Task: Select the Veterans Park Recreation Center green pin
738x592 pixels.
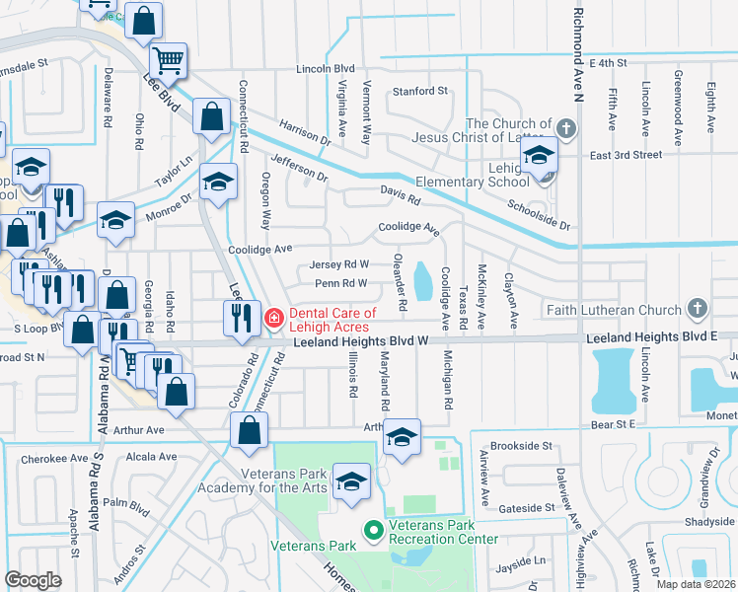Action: pos(373,532)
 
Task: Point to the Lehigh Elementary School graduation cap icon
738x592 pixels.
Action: pos(539,156)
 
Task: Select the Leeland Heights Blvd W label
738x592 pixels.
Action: pos(361,341)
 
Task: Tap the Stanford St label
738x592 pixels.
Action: pos(420,91)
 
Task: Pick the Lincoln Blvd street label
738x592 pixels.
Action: pos(326,69)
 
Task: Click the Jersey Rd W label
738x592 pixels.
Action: pos(338,264)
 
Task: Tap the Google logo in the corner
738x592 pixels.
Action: pos(33,579)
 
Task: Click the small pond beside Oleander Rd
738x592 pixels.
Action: pos(422,281)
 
